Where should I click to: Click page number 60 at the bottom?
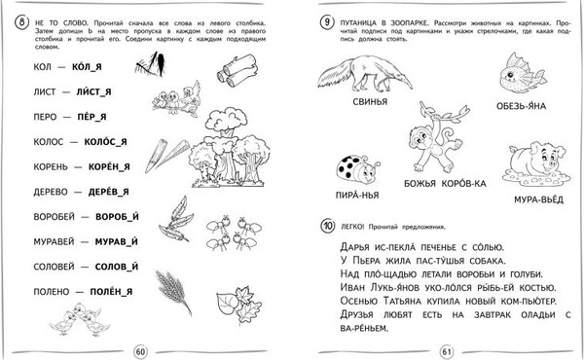click(139, 350)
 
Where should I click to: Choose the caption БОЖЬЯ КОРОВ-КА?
click(429, 182)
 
